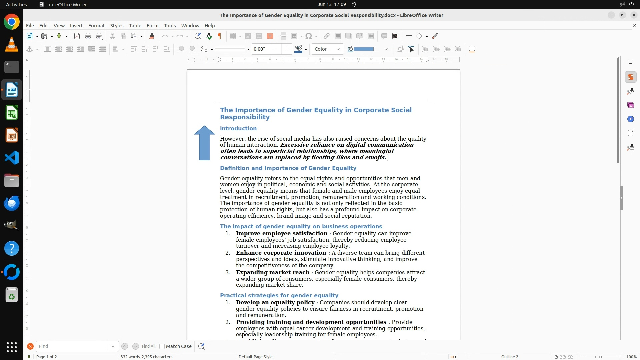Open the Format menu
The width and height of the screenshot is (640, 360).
(96, 26)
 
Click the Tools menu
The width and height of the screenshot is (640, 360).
(170, 26)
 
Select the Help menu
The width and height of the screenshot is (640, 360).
(209, 26)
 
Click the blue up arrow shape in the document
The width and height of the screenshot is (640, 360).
(204, 143)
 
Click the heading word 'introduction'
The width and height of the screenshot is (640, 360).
(238, 129)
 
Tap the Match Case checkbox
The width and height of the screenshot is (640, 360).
(162, 346)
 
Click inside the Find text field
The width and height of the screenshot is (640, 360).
(71, 346)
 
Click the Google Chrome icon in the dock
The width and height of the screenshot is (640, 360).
(12, 22)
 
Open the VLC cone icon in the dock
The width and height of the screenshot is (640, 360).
(12, 45)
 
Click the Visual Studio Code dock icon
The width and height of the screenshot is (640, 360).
(12, 158)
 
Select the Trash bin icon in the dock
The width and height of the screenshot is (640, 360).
(12, 295)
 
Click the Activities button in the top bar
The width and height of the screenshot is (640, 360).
(16, 4)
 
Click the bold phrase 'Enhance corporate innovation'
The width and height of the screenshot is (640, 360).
(281, 253)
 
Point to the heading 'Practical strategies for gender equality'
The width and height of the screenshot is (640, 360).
(279, 296)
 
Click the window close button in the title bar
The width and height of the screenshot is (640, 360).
(634, 15)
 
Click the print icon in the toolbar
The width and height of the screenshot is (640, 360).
(88, 36)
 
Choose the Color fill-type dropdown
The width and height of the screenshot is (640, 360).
(327, 49)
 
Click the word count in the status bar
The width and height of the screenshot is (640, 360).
(146, 357)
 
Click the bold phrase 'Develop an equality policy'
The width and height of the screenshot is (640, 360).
(275, 303)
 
